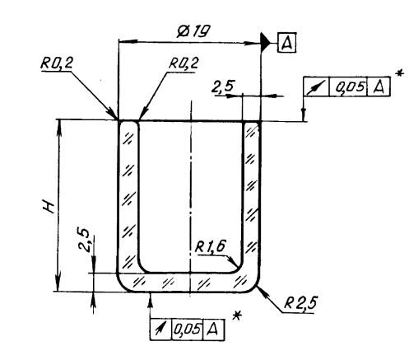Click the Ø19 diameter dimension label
click(193, 31)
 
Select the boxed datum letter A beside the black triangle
click(286, 43)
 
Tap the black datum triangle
click(266, 42)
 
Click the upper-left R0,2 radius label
click(57, 63)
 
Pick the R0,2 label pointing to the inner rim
click(184, 63)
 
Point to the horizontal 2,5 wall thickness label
click(222, 87)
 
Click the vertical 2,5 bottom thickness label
click(84, 240)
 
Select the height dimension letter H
click(49, 206)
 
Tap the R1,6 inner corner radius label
click(211, 246)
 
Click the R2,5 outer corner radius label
click(300, 303)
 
